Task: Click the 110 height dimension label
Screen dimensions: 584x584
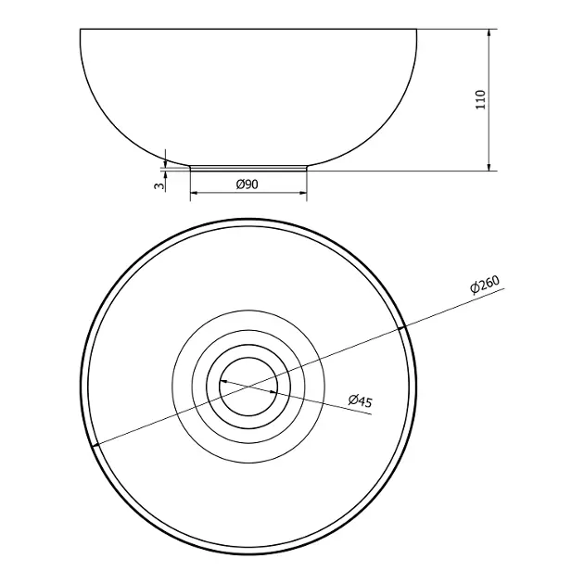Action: pyautogui.click(x=481, y=99)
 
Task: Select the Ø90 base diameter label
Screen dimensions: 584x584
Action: pyautogui.click(x=247, y=184)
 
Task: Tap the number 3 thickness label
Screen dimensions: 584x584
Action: pyautogui.click(x=159, y=185)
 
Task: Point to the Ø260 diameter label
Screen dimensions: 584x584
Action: pyautogui.click(x=485, y=285)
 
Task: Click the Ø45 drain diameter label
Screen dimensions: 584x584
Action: pyautogui.click(x=361, y=400)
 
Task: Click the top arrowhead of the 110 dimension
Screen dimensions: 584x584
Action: pyautogui.click(x=489, y=32)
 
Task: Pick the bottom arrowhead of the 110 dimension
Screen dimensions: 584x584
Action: pyautogui.click(x=489, y=167)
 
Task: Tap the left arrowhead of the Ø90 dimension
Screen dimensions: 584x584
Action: pyautogui.click(x=195, y=193)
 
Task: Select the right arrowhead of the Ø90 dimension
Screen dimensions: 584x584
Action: pyautogui.click(x=302, y=193)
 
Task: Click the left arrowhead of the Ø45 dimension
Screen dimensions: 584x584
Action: pyautogui.click(x=223, y=381)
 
